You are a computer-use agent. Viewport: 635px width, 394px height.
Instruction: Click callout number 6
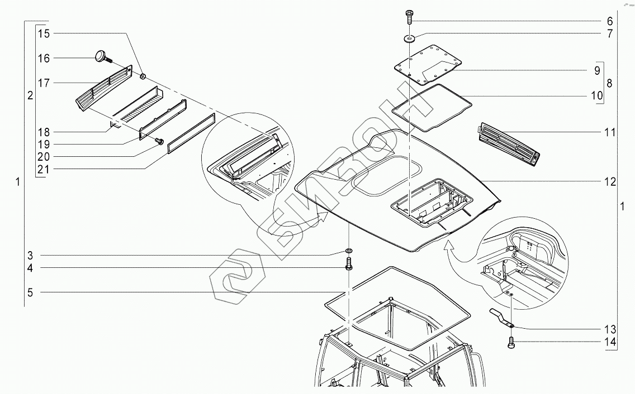(x=609, y=21)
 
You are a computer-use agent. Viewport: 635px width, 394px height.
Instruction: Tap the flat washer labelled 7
(x=410, y=38)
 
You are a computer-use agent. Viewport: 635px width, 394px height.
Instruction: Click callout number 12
(x=609, y=181)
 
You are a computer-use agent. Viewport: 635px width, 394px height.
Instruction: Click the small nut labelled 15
(x=143, y=75)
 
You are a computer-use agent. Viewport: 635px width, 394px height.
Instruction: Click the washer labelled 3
(x=349, y=250)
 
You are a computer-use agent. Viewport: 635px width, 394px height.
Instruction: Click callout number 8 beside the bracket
(x=609, y=83)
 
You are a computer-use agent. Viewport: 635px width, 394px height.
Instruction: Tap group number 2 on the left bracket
(x=30, y=95)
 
